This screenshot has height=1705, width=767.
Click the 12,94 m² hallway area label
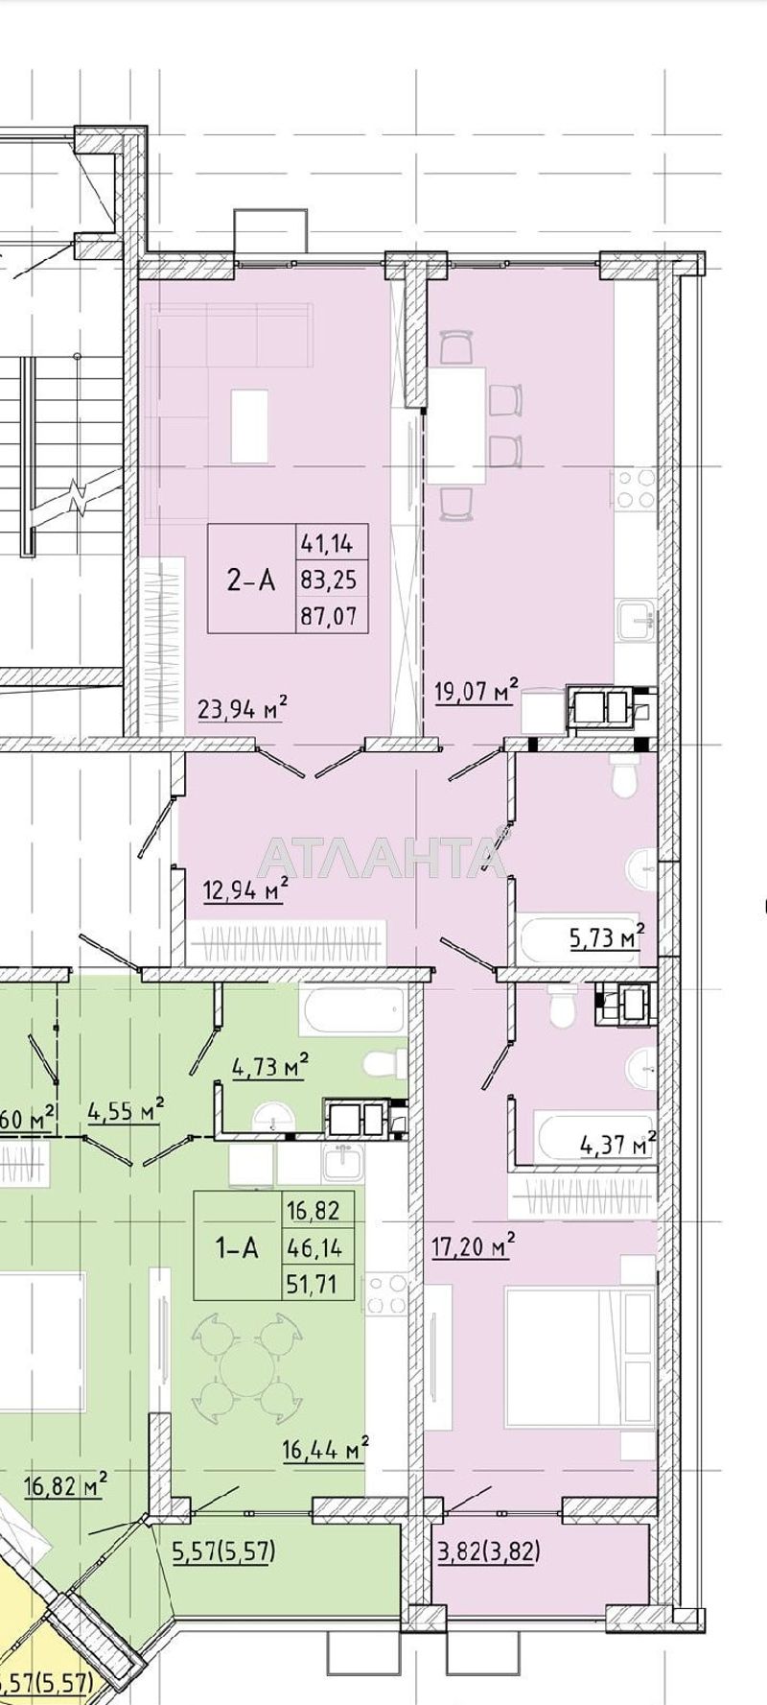pos(245,889)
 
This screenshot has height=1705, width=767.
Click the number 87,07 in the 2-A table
pos(328,615)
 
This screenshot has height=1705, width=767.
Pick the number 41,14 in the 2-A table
pos(328,543)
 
